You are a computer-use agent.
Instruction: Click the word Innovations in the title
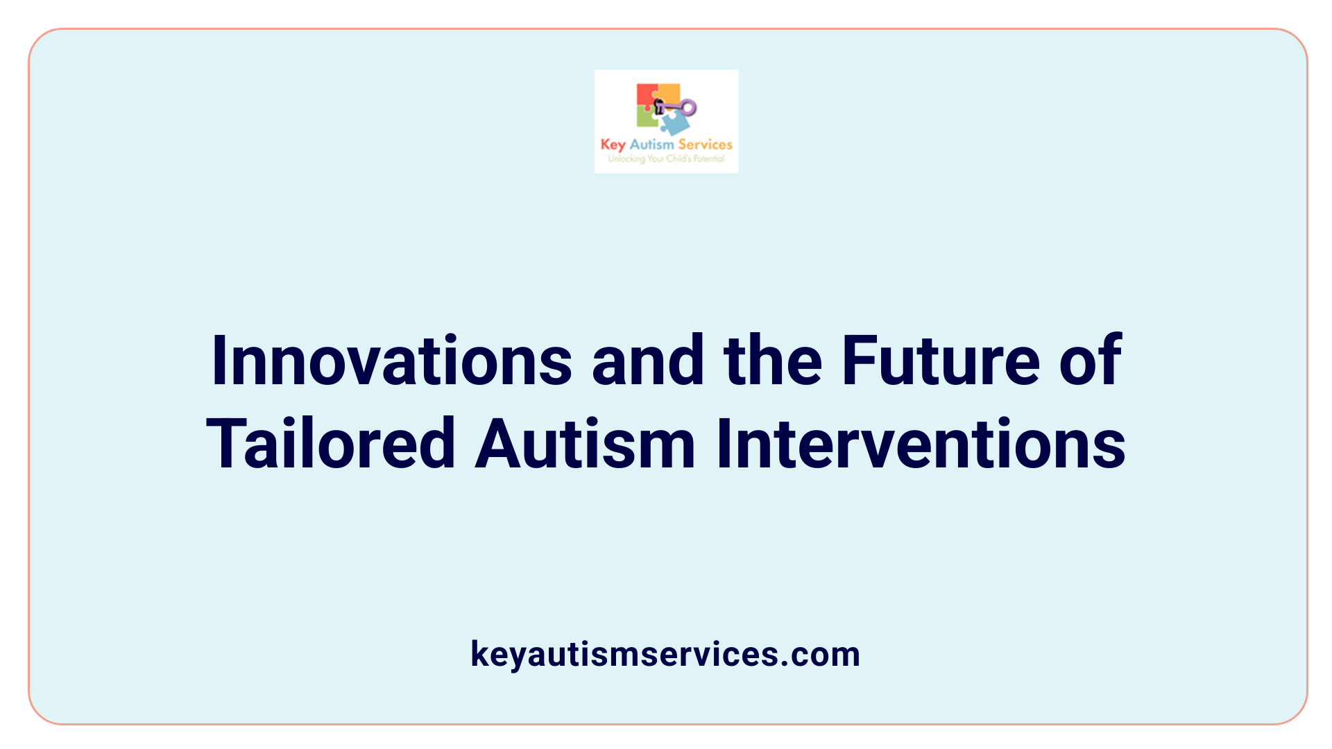pyautogui.click(x=391, y=361)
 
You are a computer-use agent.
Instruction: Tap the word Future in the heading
pyautogui.click(x=940, y=361)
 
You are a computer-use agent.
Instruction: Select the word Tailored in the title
pyautogui.click(x=331, y=444)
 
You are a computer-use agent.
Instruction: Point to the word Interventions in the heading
pyautogui.click(x=921, y=444)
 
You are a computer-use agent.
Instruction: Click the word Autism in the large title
pyautogui.click(x=585, y=444)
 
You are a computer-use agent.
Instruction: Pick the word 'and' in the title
pyautogui.click(x=648, y=361)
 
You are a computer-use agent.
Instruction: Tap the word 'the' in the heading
pyautogui.click(x=772, y=361)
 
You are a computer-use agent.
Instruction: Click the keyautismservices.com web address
pyautogui.click(x=665, y=654)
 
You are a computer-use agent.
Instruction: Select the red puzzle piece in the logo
pyautogui.click(x=646, y=95)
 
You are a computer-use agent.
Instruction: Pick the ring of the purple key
pyautogui.click(x=688, y=107)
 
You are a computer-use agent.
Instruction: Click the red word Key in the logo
pyautogui.click(x=613, y=145)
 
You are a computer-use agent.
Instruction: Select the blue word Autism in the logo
pyautogui.click(x=651, y=144)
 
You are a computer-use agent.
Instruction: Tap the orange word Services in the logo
pyautogui.click(x=705, y=144)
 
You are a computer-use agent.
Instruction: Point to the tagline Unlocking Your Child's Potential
pyautogui.click(x=666, y=159)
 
